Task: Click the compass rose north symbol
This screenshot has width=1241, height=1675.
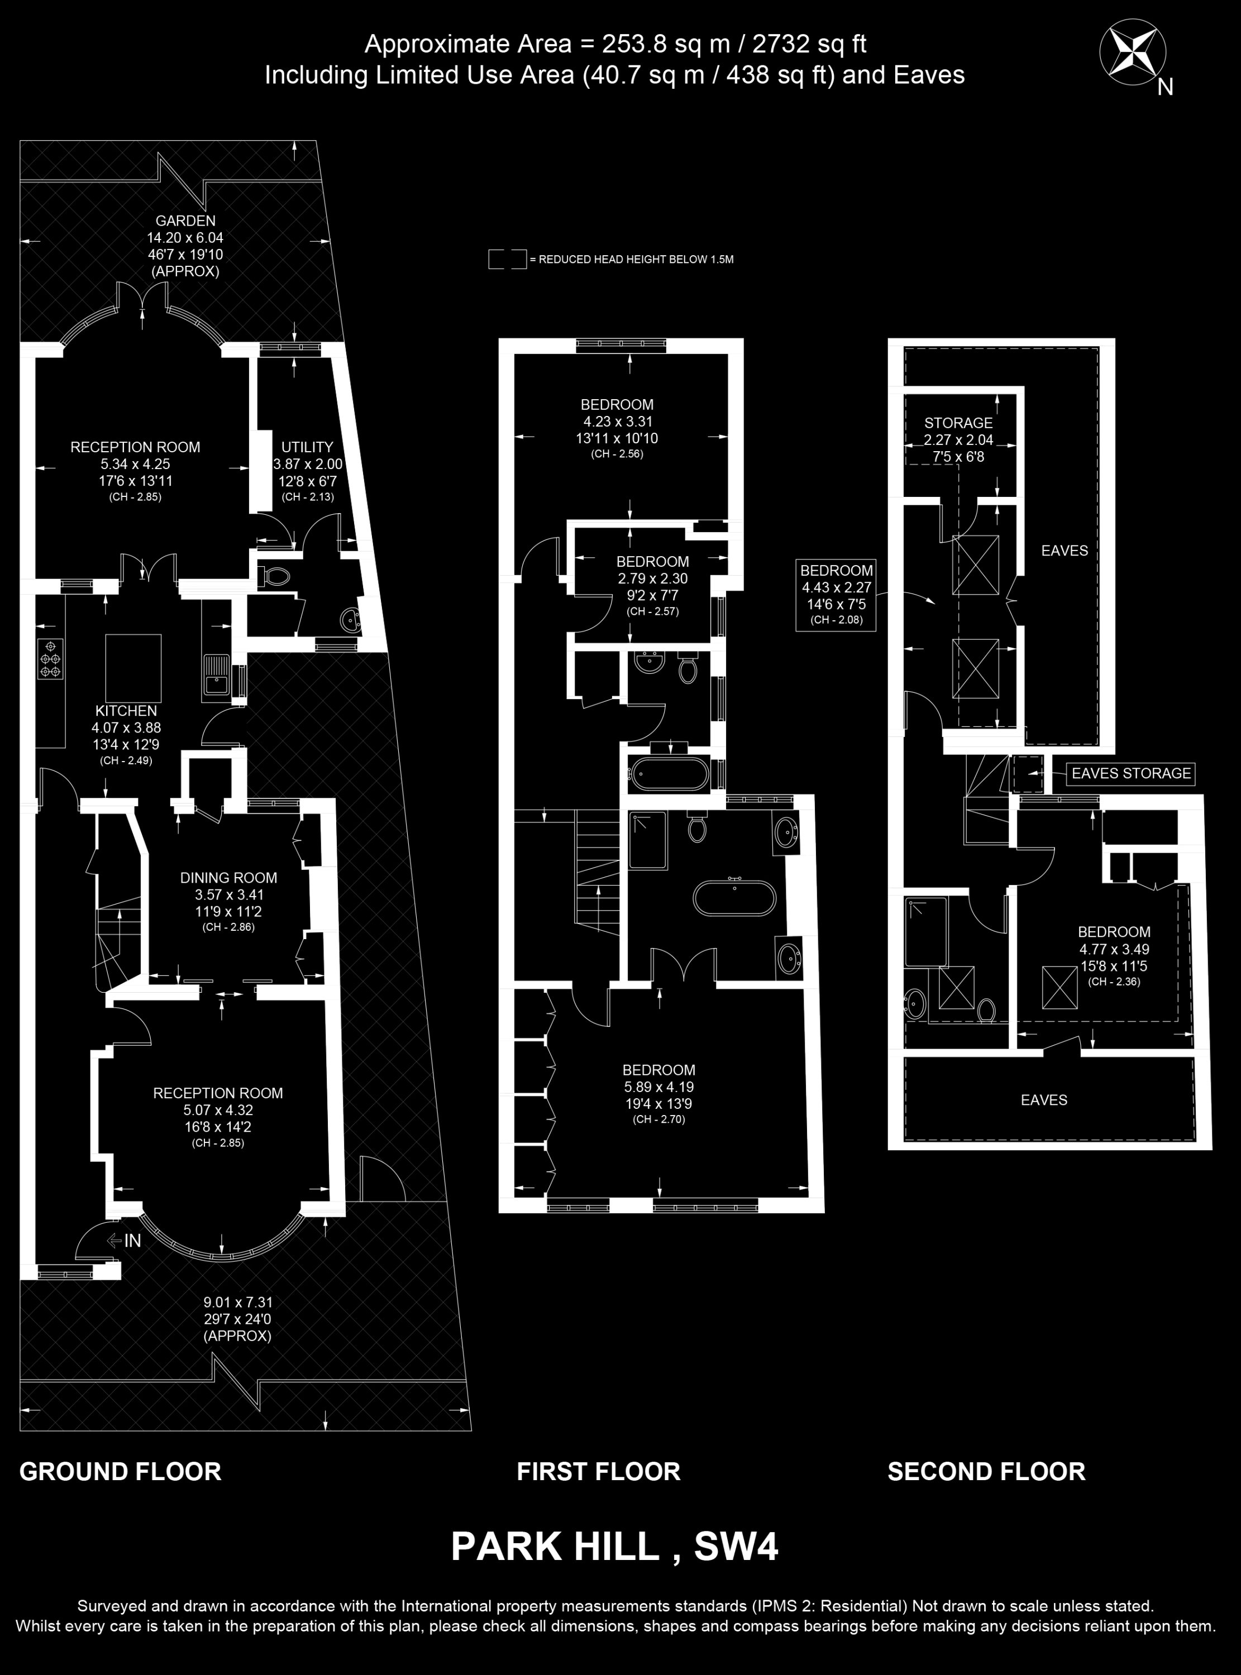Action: click(1132, 52)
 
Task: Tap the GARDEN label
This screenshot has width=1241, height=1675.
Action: click(185, 221)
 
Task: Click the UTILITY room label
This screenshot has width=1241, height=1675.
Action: click(307, 447)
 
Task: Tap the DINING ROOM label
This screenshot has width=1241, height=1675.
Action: click(228, 878)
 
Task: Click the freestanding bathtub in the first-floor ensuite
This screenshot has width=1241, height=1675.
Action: click(732, 897)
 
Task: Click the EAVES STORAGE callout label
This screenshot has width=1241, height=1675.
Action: click(1130, 773)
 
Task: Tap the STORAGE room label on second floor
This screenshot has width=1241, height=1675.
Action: click(958, 423)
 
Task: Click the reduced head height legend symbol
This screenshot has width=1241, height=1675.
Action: click(507, 259)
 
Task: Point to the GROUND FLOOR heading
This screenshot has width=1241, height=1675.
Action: click(120, 1472)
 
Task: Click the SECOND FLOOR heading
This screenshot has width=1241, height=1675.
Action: click(986, 1472)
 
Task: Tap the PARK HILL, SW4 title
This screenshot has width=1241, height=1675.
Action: click(614, 1547)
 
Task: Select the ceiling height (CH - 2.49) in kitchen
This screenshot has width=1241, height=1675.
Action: click(126, 760)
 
